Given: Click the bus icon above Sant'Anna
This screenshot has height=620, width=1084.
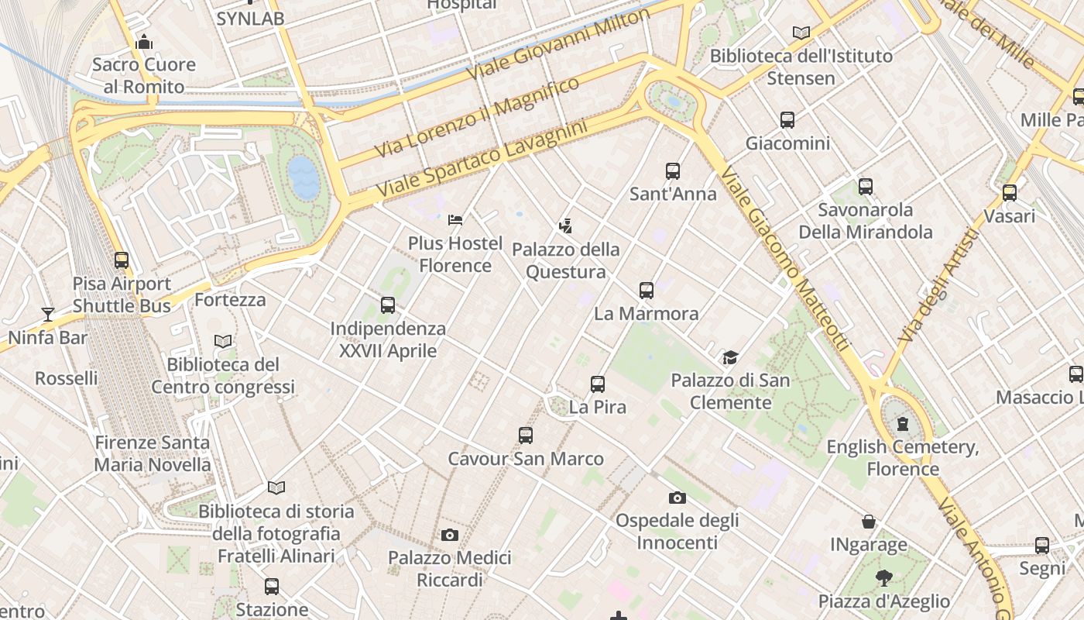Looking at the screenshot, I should tap(672, 170).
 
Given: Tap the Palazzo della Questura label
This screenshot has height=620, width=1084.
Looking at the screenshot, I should tap(566, 260).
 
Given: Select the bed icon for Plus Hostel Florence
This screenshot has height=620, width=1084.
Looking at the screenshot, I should tap(455, 220).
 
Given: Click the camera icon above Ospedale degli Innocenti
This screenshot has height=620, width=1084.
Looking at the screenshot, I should tap(677, 498).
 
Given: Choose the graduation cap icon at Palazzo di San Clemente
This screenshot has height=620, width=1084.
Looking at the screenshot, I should tap(730, 357).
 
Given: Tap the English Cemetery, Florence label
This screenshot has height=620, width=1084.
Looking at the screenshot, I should tap(903, 457).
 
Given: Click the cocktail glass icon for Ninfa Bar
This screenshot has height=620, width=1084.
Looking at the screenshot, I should tap(48, 314).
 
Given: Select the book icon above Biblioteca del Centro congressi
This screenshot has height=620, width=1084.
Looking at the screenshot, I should tap(223, 341).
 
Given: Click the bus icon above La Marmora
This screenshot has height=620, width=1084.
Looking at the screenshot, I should tap(647, 291).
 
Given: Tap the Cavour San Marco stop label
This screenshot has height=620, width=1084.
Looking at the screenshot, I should tap(526, 459).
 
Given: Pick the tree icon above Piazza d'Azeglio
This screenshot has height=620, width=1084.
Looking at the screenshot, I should tap(883, 577).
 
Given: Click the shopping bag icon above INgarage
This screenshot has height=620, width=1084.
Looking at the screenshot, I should tap(869, 522).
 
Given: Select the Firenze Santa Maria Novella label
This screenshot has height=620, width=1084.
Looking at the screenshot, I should tap(153, 453).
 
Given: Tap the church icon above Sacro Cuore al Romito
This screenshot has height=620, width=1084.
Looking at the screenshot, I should tap(144, 42).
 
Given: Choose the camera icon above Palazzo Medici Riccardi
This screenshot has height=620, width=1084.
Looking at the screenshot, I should tap(449, 535).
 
